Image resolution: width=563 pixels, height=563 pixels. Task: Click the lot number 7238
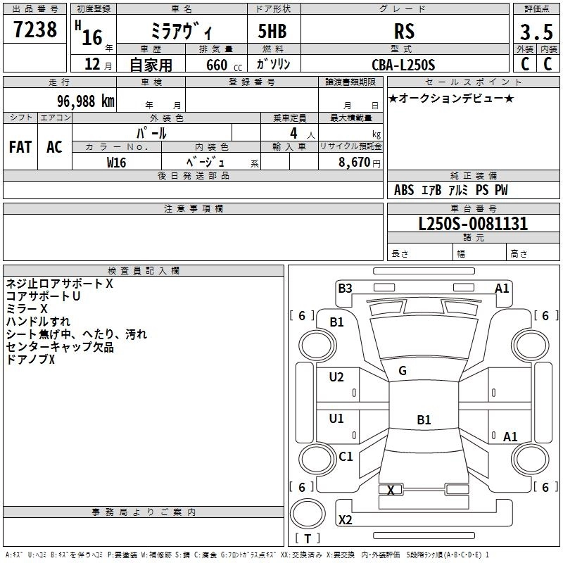pyautogui.click(x=35, y=30)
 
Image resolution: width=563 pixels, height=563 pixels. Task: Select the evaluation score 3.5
pyautogui.click(x=536, y=32)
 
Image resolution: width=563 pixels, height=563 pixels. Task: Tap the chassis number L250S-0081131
pyautogui.click(x=472, y=224)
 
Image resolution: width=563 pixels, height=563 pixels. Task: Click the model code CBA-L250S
pyautogui.click(x=404, y=65)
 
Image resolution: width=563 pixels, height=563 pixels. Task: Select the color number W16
pyautogui.click(x=117, y=162)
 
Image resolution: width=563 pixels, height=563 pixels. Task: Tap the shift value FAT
pyautogui.click(x=20, y=147)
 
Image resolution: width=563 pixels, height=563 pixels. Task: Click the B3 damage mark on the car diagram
pyautogui.click(x=345, y=288)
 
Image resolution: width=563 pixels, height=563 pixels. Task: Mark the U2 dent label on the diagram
pyautogui.click(x=336, y=377)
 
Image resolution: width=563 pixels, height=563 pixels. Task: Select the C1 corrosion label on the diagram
pyautogui.click(x=346, y=457)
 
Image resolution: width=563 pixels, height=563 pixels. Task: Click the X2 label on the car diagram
pyautogui.click(x=346, y=520)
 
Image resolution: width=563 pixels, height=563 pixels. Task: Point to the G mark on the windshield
pyautogui.click(x=403, y=371)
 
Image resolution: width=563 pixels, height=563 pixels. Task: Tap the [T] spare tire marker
pyautogui.click(x=308, y=539)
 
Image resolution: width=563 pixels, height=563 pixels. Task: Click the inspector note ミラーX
pyautogui.click(x=27, y=309)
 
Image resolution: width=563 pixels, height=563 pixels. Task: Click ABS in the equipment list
pyautogui.click(x=404, y=190)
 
